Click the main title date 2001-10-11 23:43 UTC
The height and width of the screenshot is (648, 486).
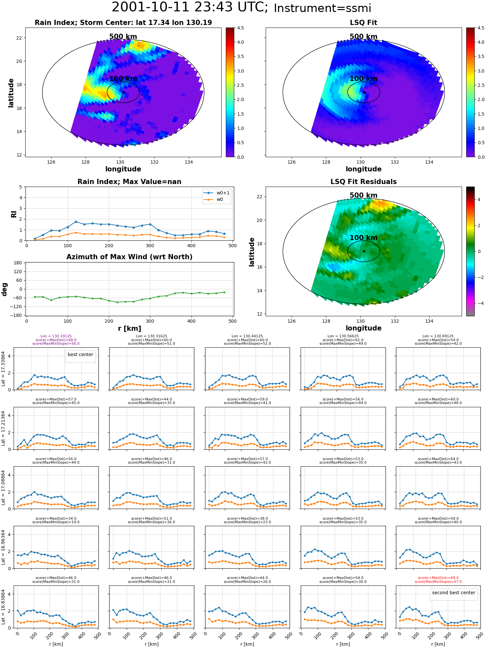(190, 7)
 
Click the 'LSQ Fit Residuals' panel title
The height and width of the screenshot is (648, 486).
(364, 182)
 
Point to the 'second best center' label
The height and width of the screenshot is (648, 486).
(454, 593)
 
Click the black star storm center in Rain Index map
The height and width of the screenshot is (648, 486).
(123, 92)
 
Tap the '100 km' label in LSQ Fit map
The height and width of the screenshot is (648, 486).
(364, 79)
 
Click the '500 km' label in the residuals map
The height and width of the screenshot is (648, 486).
(364, 195)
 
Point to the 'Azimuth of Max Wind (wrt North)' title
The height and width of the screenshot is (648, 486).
(129, 257)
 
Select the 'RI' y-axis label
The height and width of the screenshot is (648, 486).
(14, 214)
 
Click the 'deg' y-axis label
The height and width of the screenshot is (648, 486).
(5, 289)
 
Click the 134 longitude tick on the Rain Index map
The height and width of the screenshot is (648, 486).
(189, 162)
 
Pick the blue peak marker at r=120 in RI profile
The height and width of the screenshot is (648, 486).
(76, 222)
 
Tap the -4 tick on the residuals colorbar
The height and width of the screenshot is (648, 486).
(479, 303)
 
